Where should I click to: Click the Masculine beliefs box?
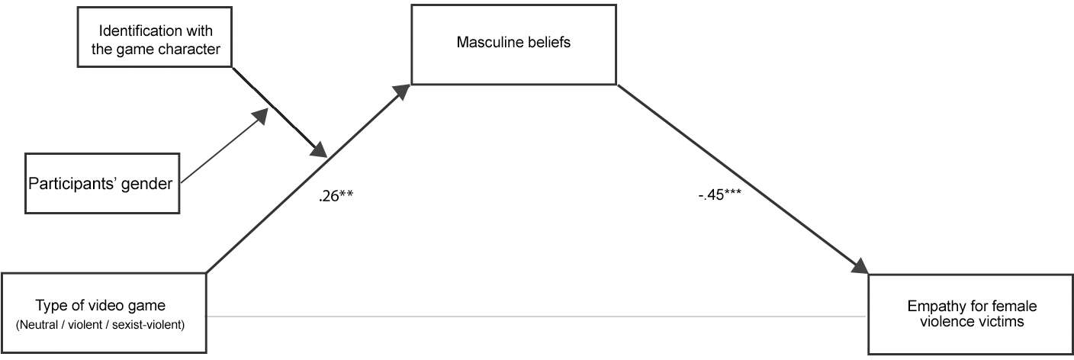pyautogui.click(x=513, y=44)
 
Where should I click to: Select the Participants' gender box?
pyautogui.click(x=102, y=183)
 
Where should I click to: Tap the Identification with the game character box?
pyautogui.click(x=155, y=37)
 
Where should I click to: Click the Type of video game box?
pyautogui.click(x=104, y=313)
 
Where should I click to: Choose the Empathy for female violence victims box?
pyautogui.click(x=971, y=314)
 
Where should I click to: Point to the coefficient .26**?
pyautogui.click(x=336, y=195)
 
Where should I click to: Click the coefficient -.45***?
pyautogui.click(x=719, y=194)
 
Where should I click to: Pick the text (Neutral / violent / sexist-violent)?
pyautogui.click(x=100, y=325)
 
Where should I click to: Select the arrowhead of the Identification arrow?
pyautogui.click(x=319, y=149)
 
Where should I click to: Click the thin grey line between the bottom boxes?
pyautogui.click(x=537, y=317)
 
